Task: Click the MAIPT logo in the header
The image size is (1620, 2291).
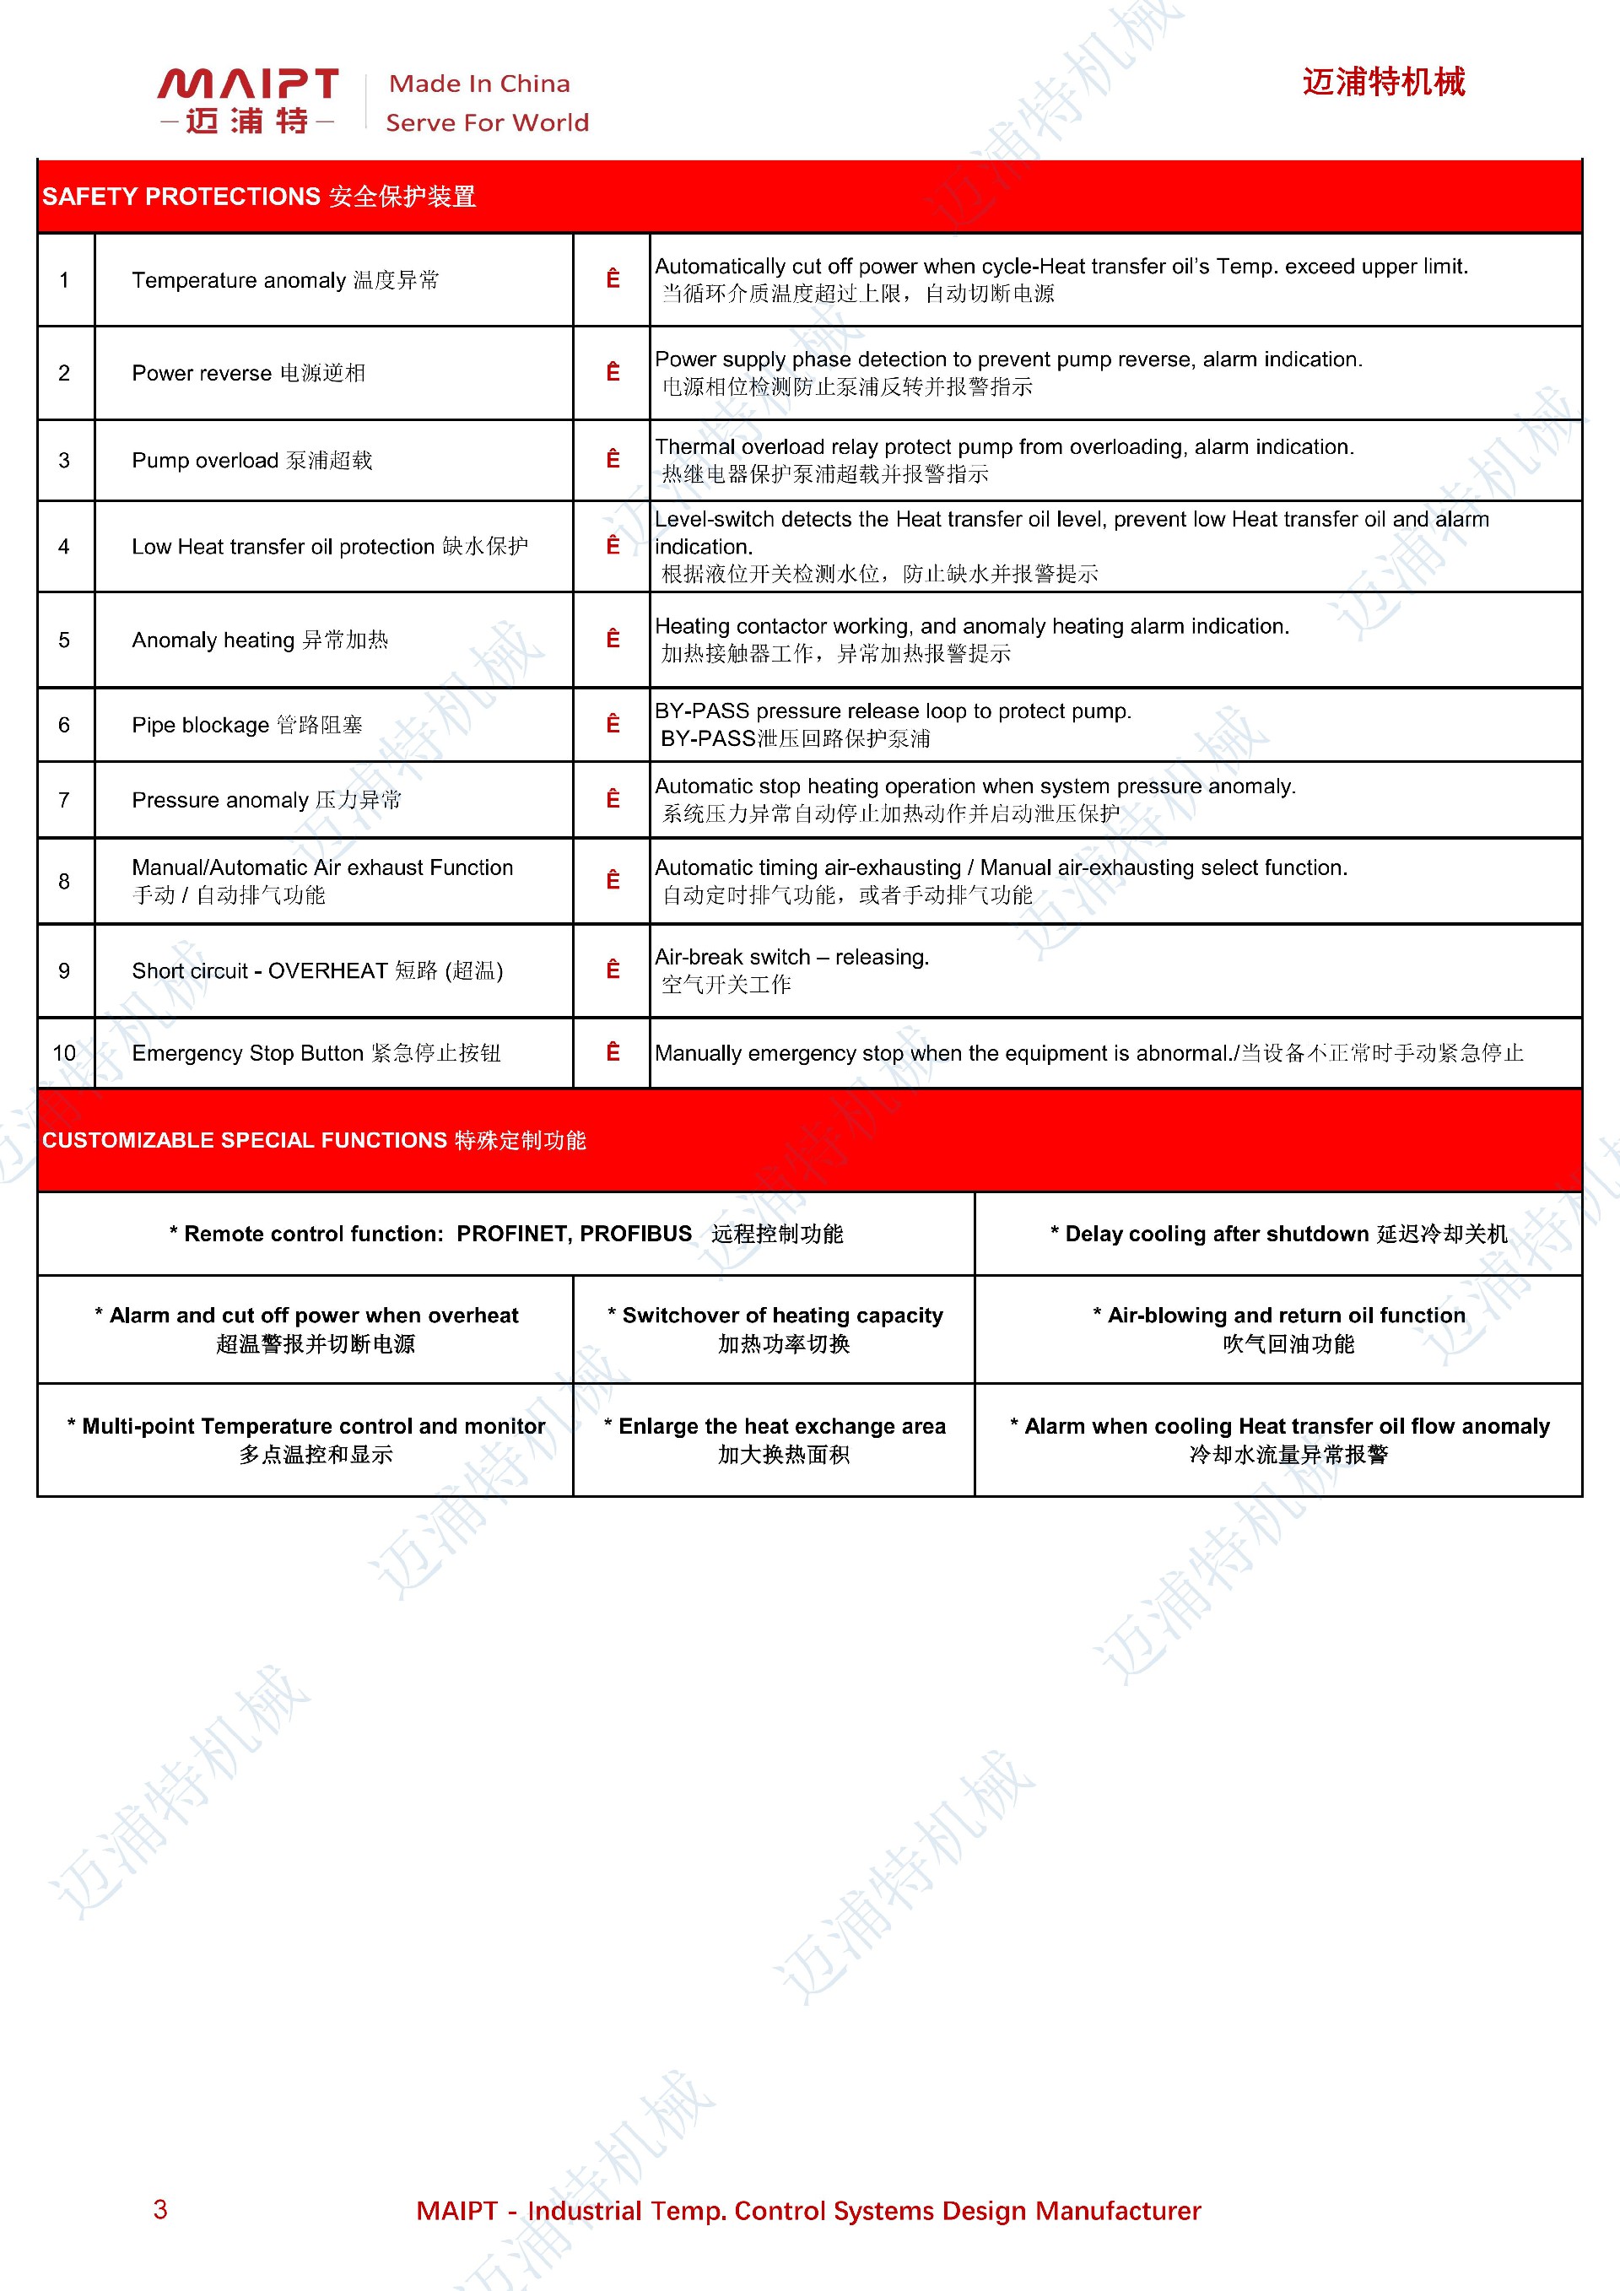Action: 247,99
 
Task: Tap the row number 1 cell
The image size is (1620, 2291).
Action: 65,280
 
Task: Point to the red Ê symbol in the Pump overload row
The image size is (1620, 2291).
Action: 613,460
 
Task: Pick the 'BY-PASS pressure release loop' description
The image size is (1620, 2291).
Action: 892,711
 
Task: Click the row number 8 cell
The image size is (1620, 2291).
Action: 65,881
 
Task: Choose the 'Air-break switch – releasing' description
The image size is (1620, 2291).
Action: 791,958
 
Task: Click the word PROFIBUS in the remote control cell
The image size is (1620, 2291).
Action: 635,1235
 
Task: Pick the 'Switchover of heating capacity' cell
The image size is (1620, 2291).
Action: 775,1329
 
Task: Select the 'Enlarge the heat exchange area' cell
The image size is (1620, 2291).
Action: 775,1440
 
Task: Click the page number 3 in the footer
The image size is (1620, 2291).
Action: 160,2210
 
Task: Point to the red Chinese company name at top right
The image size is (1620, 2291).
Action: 1383,82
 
